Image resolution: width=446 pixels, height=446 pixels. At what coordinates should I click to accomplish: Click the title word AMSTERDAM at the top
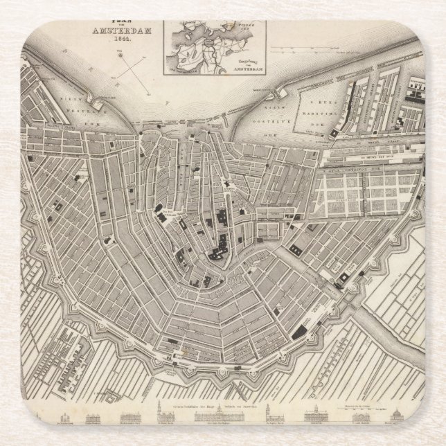click(118, 31)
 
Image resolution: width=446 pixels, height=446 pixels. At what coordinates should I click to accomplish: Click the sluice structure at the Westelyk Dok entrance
click(96, 103)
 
